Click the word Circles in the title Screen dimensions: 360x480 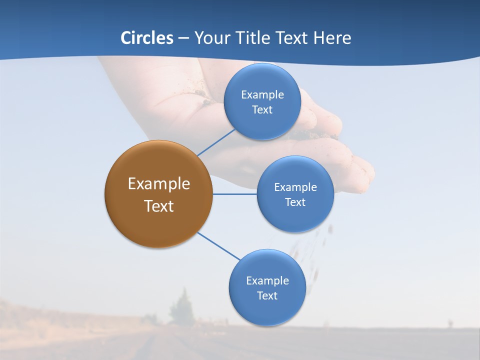[146, 38]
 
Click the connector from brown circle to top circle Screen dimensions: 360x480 [216, 142]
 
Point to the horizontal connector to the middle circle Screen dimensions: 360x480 [234, 194]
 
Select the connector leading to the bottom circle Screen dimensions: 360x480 [218, 246]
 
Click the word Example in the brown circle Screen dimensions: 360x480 [158, 184]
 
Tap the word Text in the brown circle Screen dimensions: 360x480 [158, 206]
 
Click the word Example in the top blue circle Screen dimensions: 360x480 [262, 94]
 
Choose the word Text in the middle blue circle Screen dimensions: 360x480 [295, 202]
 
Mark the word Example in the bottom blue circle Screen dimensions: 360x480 [267, 280]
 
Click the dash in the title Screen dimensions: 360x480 [183, 38]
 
